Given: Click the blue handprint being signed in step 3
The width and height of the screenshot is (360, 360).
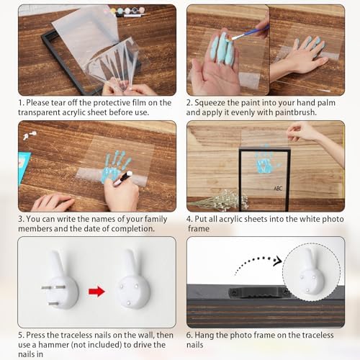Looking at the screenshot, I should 113,166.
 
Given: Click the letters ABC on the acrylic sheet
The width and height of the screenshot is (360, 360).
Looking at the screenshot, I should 277,189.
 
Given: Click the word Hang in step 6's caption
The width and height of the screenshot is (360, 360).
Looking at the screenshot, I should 209,334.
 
